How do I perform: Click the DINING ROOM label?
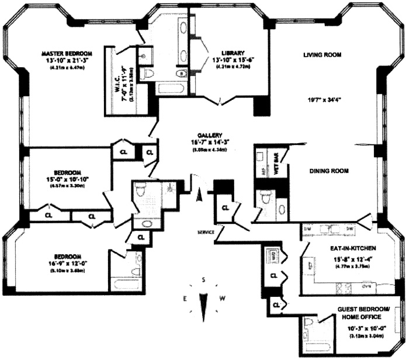pos(329,171)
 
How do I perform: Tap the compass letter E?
pos(185,299)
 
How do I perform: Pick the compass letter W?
pos(223,299)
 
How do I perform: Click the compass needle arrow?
pos(203,304)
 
